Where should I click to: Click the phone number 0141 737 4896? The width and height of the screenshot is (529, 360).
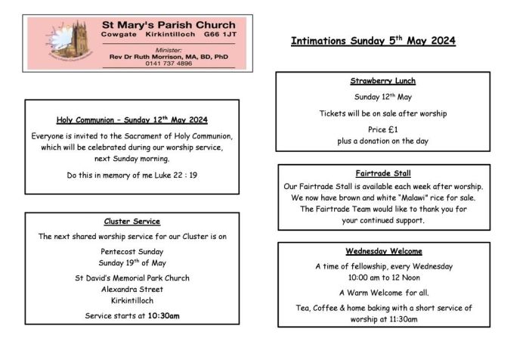coord(169,64)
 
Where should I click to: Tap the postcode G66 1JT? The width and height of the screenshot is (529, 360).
coord(219,34)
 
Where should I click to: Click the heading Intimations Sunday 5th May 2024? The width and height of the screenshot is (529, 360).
coord(373,42)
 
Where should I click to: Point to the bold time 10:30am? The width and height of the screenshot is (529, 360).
coord(163,315)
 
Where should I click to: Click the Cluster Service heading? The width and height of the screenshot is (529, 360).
coord(131,222)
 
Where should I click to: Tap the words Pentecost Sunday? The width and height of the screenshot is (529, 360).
coord(131,251)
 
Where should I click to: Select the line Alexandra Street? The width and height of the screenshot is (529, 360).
coord(131,289)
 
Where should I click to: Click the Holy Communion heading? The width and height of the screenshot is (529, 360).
coord(131,119)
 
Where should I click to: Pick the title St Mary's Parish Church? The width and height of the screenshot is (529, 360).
coord(169,23)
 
